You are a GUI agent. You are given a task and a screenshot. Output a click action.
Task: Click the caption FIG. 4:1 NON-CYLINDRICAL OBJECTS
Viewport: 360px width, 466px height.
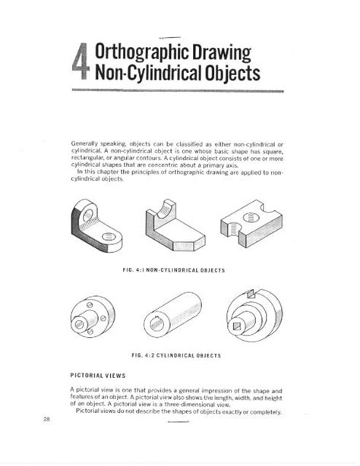click(176, 269)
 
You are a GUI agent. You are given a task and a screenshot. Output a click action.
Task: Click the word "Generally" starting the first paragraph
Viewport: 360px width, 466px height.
click(84, 142)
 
